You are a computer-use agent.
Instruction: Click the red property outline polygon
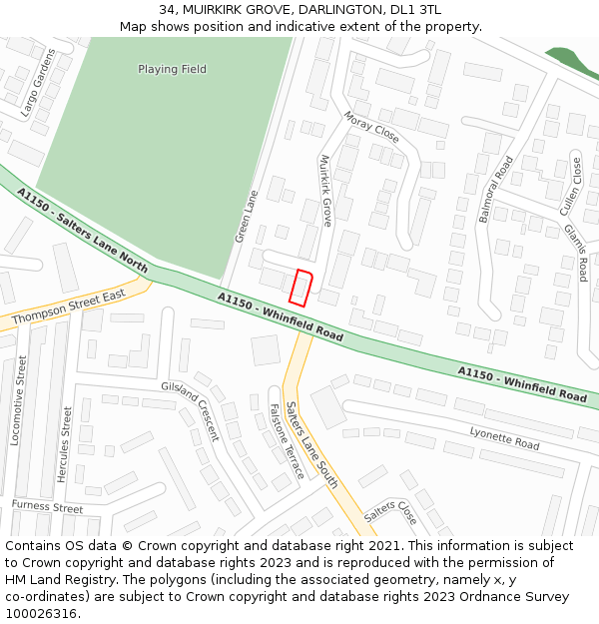click(300, 288)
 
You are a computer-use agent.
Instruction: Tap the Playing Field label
click(173, 69)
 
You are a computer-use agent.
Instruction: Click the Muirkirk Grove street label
click(325, 190)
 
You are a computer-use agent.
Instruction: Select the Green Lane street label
click(246, 217)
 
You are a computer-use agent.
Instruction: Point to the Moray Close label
click(370, 127)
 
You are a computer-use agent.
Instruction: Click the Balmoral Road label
click(495, 189)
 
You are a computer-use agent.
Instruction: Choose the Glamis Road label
click(576, 252)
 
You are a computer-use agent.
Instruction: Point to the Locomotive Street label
click(17, 399)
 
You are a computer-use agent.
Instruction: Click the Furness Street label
click(47, 507)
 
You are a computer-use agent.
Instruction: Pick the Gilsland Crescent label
click(190, 410)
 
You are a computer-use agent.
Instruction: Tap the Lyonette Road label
click(504, 437)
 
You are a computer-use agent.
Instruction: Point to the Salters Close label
click(390, 512)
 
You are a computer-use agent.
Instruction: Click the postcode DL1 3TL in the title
click(415, 10)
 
